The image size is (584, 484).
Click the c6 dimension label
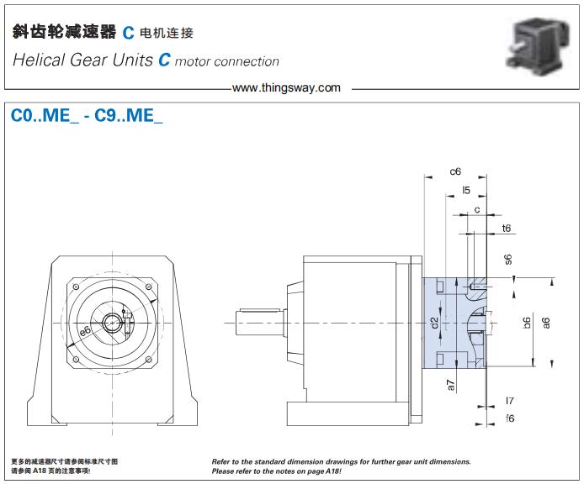click(x=455, y=171)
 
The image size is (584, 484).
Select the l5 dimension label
click(x=465, y=191)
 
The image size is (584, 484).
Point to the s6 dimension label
click(x=507, y=260)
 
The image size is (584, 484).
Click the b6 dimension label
click(x=526, y=321)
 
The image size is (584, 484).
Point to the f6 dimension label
click(x=509, y=418)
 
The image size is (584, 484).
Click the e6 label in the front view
click(x=85, y=334)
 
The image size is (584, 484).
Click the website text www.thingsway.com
click(x=286, y=87)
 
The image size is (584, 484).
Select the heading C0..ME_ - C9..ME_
click(x=87, y=117)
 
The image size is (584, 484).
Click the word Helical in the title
click(x=39, y=60)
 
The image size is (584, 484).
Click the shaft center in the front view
click(x=111, y=323)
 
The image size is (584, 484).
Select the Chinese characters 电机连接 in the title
click(x=166, y=34)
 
